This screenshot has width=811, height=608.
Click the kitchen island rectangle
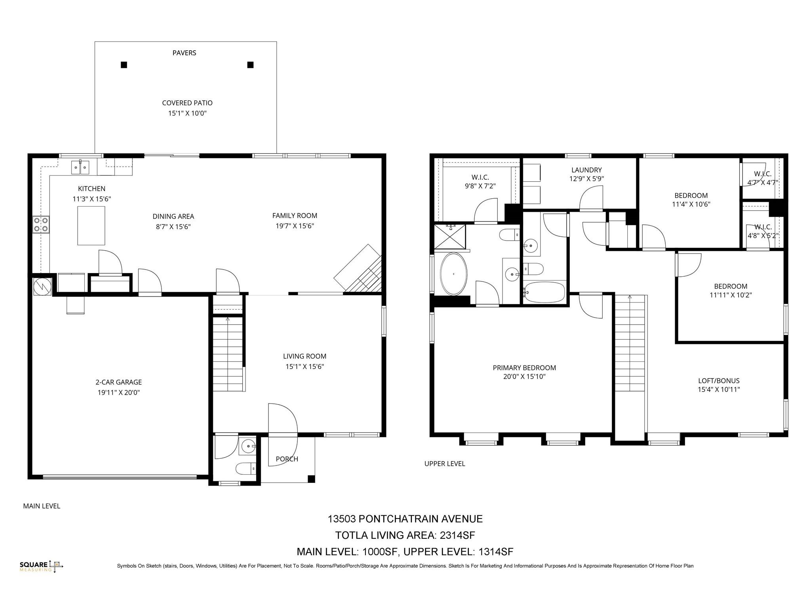point(91,226)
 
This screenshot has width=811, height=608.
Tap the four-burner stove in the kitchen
point(41,224)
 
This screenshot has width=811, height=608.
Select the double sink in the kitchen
point(80,167)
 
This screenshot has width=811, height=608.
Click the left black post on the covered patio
point(124,65)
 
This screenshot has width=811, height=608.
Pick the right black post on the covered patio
point(250,65)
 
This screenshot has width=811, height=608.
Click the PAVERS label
point(184,53)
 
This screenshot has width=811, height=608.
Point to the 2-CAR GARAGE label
point(118,382)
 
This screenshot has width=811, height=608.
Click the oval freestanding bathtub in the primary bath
point(453,274)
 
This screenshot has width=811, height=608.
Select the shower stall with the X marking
point(450,236)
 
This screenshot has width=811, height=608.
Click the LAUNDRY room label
point(586,170)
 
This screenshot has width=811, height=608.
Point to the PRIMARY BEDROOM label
point(524,368)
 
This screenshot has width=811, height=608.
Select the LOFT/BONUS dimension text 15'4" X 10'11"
point(719,389)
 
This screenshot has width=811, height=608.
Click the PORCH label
point(287,459)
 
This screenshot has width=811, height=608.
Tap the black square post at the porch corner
point(311,479)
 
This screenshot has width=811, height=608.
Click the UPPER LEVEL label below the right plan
point(445,464)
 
